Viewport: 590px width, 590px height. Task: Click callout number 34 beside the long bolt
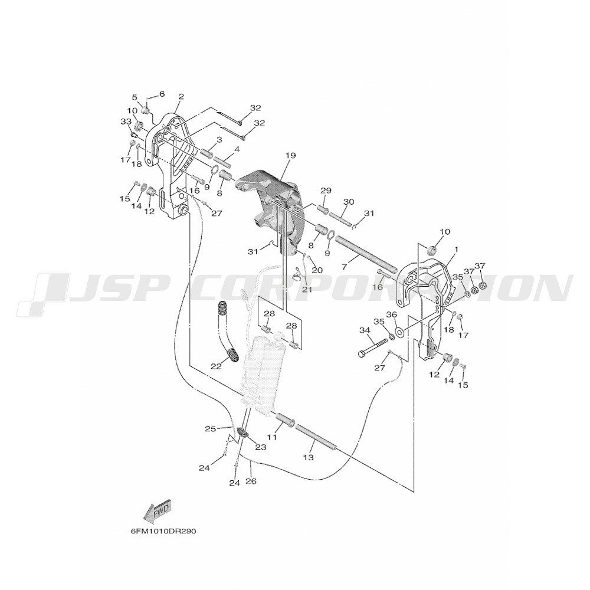pos(365,330)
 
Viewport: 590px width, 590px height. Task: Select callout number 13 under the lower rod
pos(310,458)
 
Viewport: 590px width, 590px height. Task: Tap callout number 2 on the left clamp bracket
pos(181,96)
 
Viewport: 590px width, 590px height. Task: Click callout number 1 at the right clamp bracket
pos(456,249)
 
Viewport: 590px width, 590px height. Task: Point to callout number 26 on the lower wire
pos(251,481)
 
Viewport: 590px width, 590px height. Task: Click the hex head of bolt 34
pos(362,355)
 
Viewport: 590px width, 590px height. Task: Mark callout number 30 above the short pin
pos(349,202)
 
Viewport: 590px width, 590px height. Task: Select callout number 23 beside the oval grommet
pos(260,447)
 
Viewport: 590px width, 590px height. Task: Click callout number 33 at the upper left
pos(125,121)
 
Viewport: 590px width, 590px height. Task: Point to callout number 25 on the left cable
pos(211,428)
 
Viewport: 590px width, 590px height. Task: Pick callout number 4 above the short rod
pos(237,149)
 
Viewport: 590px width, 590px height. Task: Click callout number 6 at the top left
pos(162,94)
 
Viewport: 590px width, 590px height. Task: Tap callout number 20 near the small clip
pos(317,270)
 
